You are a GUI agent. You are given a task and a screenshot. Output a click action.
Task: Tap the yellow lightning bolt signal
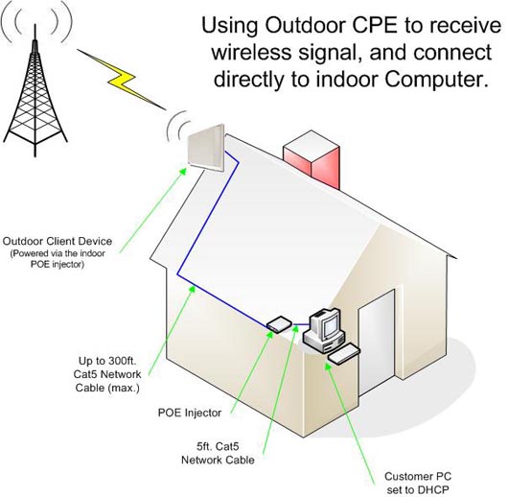click(121, 79)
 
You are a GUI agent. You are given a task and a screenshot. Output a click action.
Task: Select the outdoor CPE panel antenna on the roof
click(206, 148)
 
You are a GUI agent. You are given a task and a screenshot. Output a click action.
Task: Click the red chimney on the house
click(312, 159)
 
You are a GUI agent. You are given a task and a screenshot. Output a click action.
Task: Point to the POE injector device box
click(279, 324)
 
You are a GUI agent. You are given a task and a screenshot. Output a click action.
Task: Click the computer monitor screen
click(331, 324)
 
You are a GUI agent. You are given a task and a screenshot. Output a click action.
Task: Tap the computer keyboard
click(344, 354)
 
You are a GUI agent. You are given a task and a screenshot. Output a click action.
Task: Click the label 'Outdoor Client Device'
click(58, 241)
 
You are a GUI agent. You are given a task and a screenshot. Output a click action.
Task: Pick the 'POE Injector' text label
click(190, 413)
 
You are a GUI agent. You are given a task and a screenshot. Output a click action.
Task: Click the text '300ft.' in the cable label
click(123, 361)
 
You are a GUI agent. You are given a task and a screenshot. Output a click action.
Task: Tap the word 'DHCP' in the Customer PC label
click(433, 489)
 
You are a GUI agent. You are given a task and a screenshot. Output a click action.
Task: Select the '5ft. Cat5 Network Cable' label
click(218, 453)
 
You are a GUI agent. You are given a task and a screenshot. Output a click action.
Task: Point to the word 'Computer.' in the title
click(437, 80)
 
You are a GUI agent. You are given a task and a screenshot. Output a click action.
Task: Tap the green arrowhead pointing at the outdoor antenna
click(183, 171)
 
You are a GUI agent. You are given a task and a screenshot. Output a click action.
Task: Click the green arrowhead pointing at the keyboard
click(328, 367)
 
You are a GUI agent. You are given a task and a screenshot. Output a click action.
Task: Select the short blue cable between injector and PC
click(301, 324)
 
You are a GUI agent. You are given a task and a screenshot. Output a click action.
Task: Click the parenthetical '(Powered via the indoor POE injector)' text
click(58, 259)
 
